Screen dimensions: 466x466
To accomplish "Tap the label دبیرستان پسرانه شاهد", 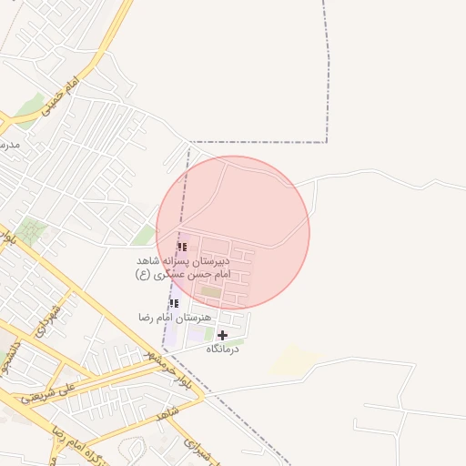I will (x=185, y=260).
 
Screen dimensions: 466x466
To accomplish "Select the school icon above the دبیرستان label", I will (x=182, y=247).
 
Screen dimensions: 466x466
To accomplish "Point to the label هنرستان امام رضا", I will (x=175, y=317).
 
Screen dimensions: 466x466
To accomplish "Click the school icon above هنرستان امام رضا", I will (x=174, y=303).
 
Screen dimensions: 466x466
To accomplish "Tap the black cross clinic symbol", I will (x=222, y=335).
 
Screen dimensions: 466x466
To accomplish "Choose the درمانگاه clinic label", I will (x=222, y=349).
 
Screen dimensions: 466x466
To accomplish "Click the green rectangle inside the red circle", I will (x=211, y=291).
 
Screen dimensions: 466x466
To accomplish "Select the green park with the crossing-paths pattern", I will (x=33, y=232).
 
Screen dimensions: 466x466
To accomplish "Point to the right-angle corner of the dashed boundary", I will (x=327, y=143).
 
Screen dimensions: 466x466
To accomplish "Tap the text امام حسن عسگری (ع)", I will (x=183, y=273).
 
